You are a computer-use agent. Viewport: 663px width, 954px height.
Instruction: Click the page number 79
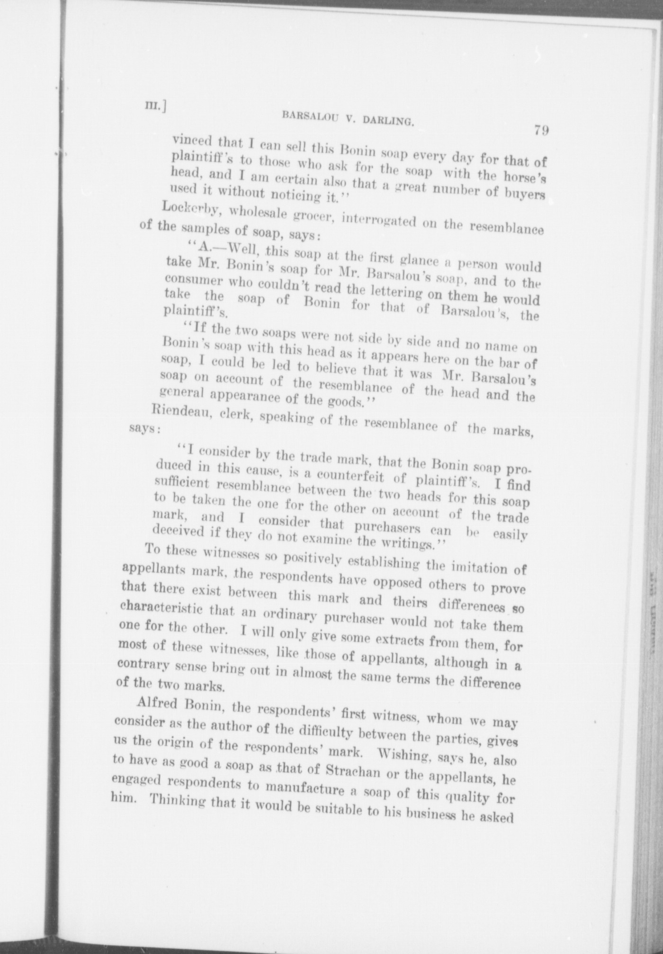541,130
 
